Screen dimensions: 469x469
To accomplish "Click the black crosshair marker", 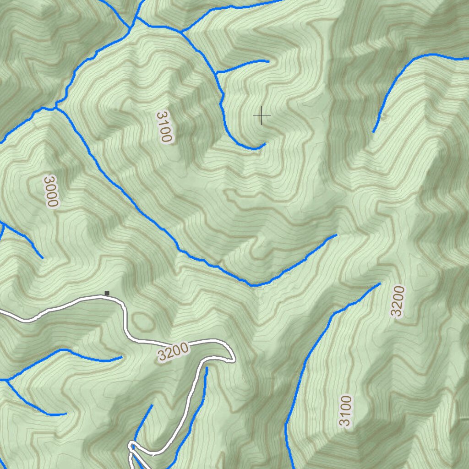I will pyautogui.click(x=262, y=115).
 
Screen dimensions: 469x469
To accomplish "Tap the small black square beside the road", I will pyautogui.click(x=107, y=293).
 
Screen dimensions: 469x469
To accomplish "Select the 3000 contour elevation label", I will pyautogui.click(x=51, y=191).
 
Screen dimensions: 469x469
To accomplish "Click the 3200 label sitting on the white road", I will pyautogui.click(x=173, y=352).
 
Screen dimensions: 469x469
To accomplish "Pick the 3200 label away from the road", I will pyautogui.click(x=398, y=301).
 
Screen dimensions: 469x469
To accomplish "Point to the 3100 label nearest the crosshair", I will pyautogui.click(x=164, y=126).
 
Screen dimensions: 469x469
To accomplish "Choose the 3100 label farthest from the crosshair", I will pyautogui.click(x=345, y=410).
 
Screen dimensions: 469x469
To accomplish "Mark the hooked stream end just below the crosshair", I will pyautogui.click(x=265, y=144).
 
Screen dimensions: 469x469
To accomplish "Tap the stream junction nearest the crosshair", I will pyautogui.click(x=216, y=72).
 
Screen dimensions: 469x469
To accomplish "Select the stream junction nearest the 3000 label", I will pyautogui.click(x=56, y=107).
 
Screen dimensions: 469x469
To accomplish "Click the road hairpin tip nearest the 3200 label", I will pyautogui.click(x=233, y=360).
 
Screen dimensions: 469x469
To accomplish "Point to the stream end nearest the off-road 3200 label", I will pyautogui.click(x=380, y=284).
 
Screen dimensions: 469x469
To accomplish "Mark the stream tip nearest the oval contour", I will pyautogui.click(x=121, y=356).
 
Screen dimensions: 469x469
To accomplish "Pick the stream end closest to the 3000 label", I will pyautogui.click(x=43, y=258).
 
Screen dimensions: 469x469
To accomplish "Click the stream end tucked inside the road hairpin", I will pyautogui.click(x=206, y=369).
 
